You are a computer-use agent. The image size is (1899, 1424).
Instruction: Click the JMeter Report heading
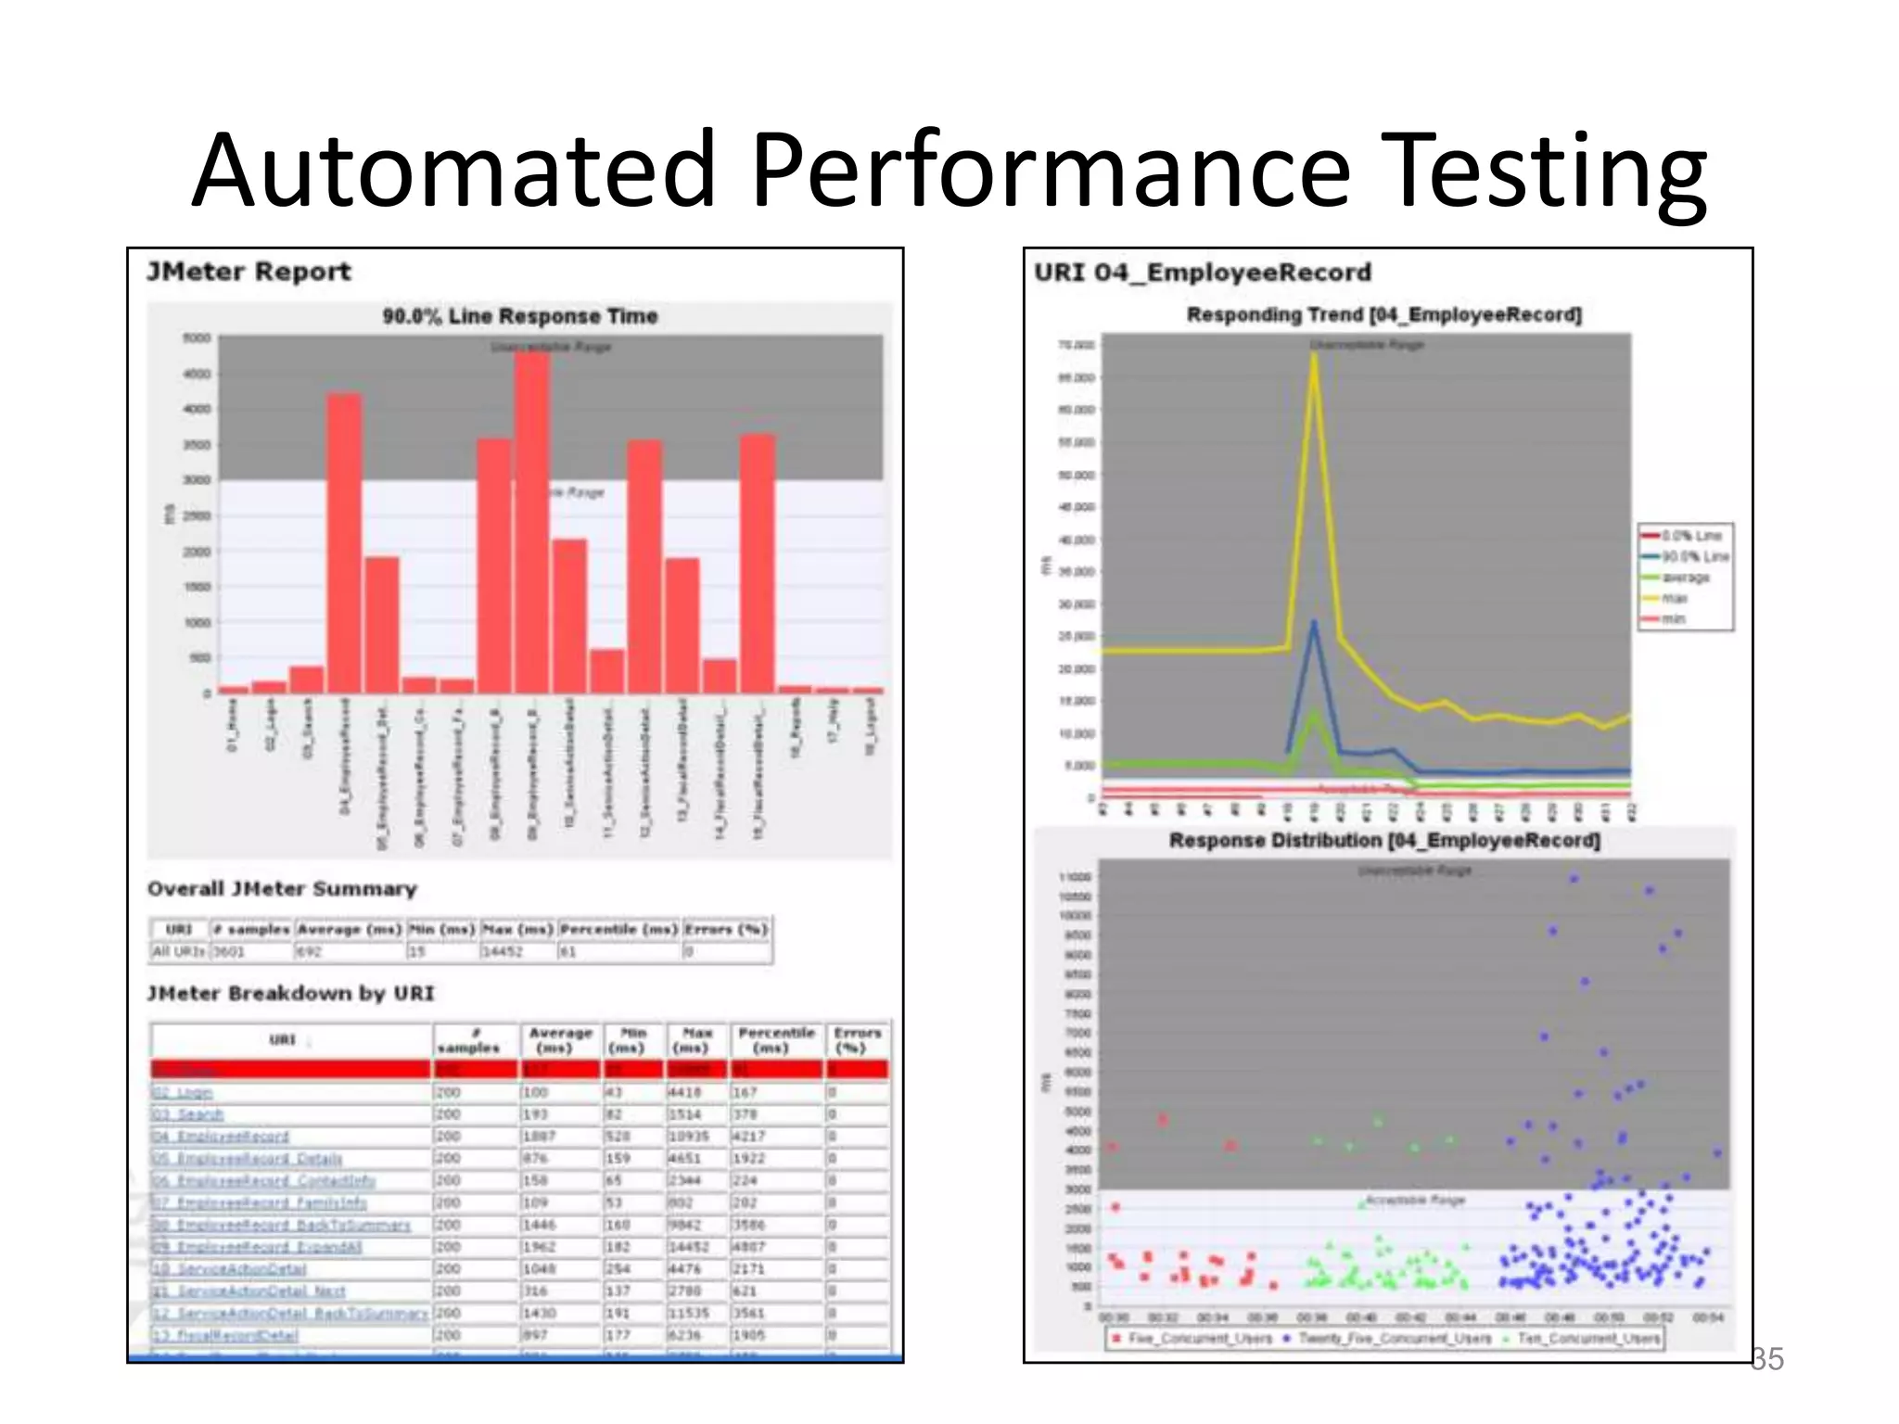click(x=249, y=272)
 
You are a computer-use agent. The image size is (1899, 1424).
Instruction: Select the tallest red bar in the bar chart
click(x=532, y=524)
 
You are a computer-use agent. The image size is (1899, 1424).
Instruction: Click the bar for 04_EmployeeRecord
click(x=344, y=542)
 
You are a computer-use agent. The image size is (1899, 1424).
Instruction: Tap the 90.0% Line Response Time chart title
click(x=519, y=316)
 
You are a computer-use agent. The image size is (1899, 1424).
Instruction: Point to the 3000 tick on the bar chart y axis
click(x=198, y=480)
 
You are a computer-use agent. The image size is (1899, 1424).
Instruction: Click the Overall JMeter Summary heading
click(x=282, y=889)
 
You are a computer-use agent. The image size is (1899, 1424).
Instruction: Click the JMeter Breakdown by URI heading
click(x=290, y=994)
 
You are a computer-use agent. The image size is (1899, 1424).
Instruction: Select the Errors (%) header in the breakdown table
click(x=856, y=1040)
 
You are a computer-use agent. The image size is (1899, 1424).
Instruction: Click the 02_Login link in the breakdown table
click(x=183, y=1093)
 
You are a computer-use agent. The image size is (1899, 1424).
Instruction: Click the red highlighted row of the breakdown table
click(x=519, y=1070)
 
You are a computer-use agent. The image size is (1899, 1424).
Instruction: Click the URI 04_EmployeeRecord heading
click(x=1202, y=273)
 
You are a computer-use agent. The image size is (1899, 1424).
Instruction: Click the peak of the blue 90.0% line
click(x=1314, y=623)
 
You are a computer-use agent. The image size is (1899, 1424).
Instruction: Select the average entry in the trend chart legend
click(x=1684, y=578)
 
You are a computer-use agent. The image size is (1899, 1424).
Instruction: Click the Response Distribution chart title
click(x=1383, y=841)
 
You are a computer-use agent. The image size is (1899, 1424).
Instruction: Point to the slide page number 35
click(x=1766, y=1359)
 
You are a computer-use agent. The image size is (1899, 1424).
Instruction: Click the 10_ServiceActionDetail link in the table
click(x=229, y=1269)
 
